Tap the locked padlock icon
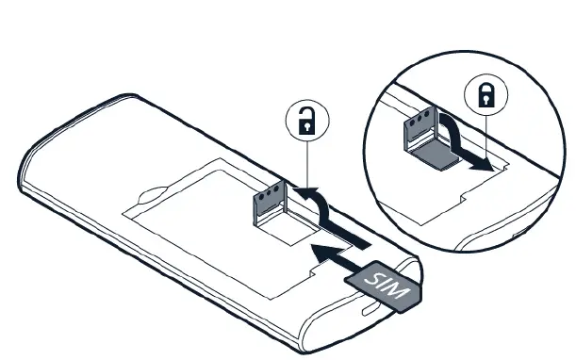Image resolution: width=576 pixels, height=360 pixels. tap(485, 93)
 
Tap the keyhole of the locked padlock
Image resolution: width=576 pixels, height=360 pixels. tap(485, 97)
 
